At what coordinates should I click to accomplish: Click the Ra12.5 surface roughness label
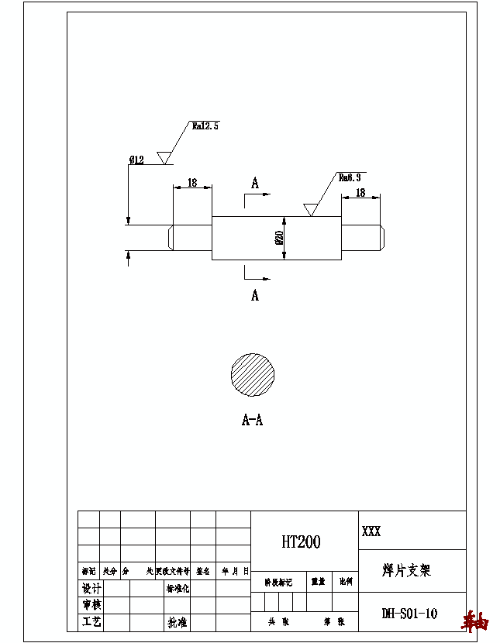(205, 126)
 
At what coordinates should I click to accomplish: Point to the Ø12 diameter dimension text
(136, 160)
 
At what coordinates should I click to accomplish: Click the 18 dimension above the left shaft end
(192, 184)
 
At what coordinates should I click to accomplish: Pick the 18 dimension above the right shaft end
(360, 193)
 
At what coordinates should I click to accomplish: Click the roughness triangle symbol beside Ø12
(164, 157)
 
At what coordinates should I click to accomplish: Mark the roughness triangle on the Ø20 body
(310, 210)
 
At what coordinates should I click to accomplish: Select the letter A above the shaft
(254, 183)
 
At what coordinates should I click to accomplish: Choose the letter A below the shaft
(254, 295)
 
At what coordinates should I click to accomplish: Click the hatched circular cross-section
(253, 374)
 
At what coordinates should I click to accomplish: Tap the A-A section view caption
(252, 421)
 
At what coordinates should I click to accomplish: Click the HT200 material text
(301, 542)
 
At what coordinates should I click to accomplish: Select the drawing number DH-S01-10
(409, 614)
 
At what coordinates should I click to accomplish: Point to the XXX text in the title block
(371, 532)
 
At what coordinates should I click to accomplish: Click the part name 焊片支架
(406, 571)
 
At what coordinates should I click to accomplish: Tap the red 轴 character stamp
(475, 621)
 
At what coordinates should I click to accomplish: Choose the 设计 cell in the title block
(91, 588)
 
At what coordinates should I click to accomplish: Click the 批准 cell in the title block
(177, 622)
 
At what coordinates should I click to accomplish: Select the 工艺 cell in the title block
(91, 622)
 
